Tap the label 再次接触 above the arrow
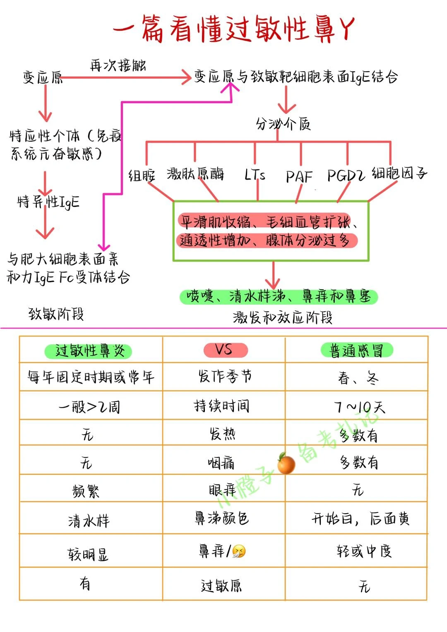(118, 65)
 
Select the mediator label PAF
(299, 176)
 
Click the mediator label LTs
(255, 175)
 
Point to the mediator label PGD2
(346, 175)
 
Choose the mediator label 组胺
(142, 175)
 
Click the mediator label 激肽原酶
(195, 174)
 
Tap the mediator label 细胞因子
(399, 173)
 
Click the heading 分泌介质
(283, 123)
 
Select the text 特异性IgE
(48, 202)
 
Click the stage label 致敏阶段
(56, 314)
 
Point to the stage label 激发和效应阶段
(283, 317)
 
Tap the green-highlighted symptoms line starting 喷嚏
(279, 296)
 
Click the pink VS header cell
(225, 350)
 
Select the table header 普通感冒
(356, 351)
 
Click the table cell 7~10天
(359, 407)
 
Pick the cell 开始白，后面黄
(360, 519)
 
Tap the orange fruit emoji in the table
(286, 463)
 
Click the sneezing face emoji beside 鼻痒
(239, 551)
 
